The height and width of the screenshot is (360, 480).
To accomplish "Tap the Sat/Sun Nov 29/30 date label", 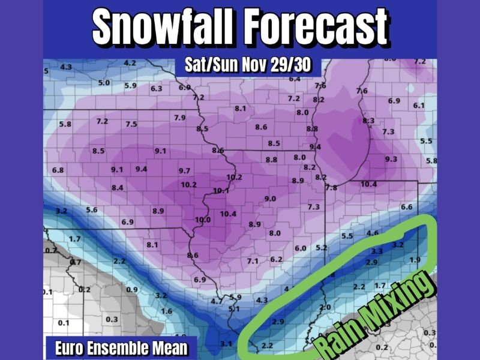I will (x=250, y=65).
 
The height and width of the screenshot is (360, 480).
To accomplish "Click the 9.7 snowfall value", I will (x=184, y=171).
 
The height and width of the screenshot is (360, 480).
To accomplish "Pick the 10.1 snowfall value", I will (x=221, y=190).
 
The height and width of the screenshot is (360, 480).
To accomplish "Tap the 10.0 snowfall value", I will (x=203, y=220).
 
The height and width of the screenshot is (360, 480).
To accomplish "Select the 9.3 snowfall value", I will (x=391, y=159).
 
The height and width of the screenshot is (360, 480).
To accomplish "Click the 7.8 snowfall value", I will (x=331, y=188).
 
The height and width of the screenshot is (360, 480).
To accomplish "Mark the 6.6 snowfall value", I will (x=406, y=207).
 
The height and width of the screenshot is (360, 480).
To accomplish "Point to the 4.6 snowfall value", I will (x=372, y=233).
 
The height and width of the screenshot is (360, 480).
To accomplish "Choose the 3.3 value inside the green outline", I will (x=377, y=250).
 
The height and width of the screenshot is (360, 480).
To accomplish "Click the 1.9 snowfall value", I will (x=415, y=259).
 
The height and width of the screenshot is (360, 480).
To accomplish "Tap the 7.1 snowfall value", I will (x=253, y=261).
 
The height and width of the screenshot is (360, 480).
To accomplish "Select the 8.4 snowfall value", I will (x=117, y=188).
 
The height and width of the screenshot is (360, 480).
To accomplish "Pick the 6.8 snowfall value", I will (x=58, y=170).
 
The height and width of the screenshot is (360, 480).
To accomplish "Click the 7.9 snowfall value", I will (x=179, y=118).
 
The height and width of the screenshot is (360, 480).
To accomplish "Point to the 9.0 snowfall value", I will (x=269, y=199).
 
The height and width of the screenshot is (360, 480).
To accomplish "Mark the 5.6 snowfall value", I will (x=92, y=209).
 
